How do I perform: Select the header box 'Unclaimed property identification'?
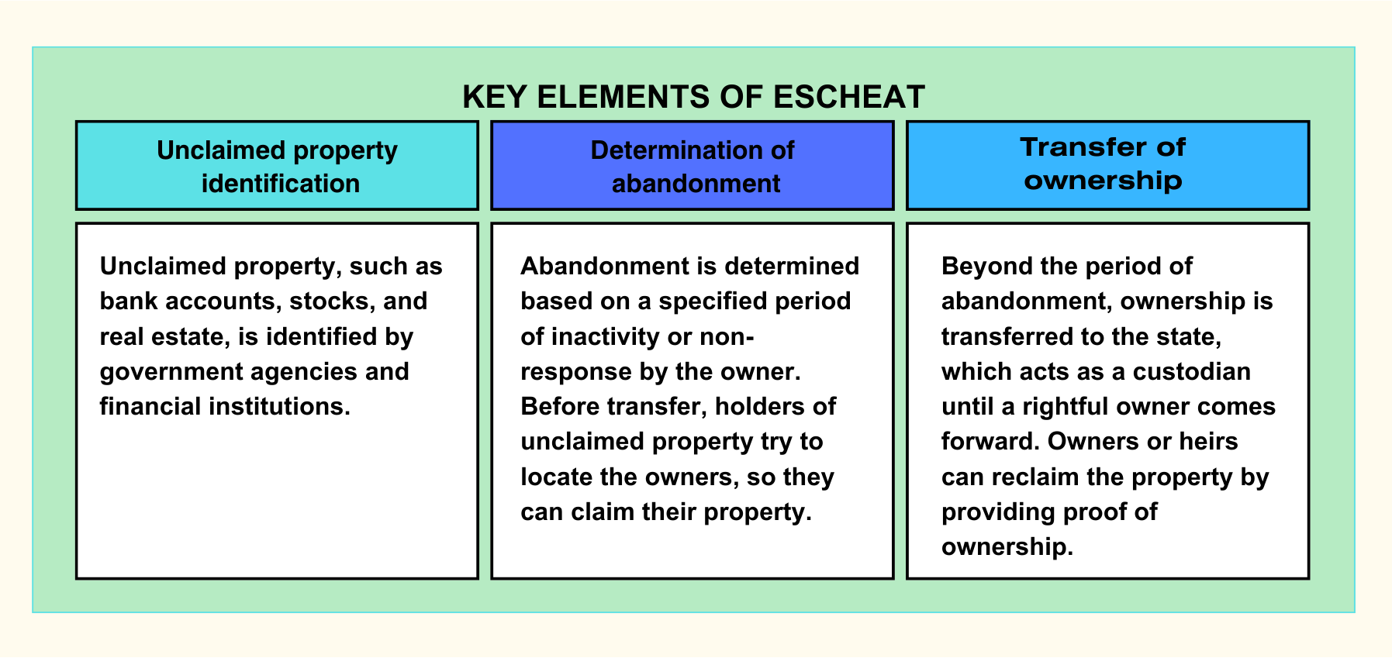click(x=277, y=165)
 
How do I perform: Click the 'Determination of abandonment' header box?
click(x=692, y=165)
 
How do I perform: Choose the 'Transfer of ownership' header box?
click(x=1107, y=165)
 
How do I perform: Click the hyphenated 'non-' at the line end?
click(x=727, y=336)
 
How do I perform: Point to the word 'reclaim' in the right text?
click(x=1035, y=477)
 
